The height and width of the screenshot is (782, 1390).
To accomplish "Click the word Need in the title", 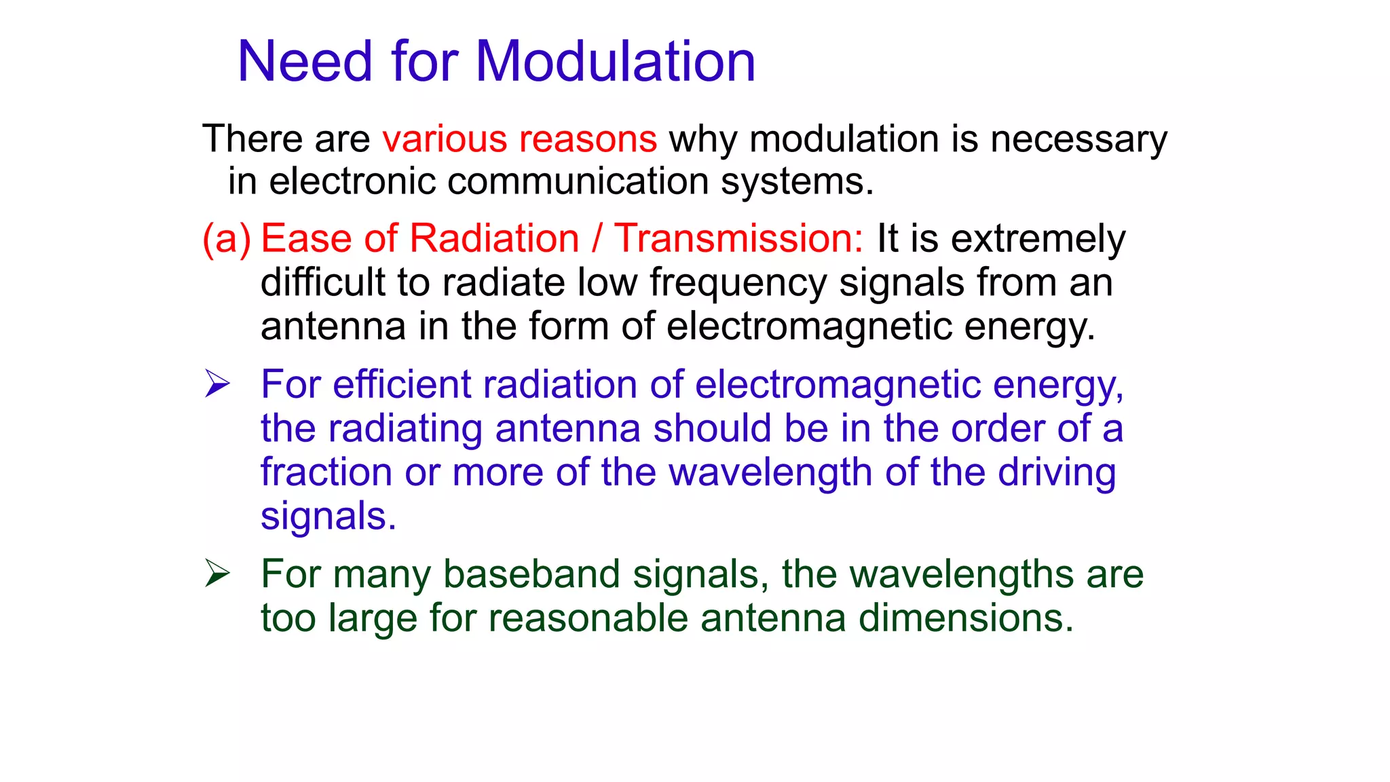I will [305, 62].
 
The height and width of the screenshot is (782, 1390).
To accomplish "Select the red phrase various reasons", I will [519, 139].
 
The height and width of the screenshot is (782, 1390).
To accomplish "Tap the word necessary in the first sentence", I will [1078, 139].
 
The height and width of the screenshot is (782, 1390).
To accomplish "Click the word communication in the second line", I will [578, 182].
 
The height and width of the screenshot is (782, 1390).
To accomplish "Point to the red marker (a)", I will [227, 239].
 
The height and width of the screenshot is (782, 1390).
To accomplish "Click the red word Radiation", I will [494, 239].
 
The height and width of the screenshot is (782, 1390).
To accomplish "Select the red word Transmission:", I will [738, 239].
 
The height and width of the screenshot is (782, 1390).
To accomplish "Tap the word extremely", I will [1038, 239].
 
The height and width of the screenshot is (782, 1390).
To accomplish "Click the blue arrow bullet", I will [218, 384].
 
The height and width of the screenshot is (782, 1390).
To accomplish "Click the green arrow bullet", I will [218, 574].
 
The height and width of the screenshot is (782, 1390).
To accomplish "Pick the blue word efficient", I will [401, 384].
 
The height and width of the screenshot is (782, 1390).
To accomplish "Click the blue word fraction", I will [326, 472].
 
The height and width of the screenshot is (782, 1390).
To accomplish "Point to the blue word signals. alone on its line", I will [328, 517].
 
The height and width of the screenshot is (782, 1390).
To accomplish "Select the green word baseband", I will [531, 574].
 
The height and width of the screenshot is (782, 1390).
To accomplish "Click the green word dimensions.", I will [966, 618].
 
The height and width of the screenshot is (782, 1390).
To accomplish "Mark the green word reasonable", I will [588, 618].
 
